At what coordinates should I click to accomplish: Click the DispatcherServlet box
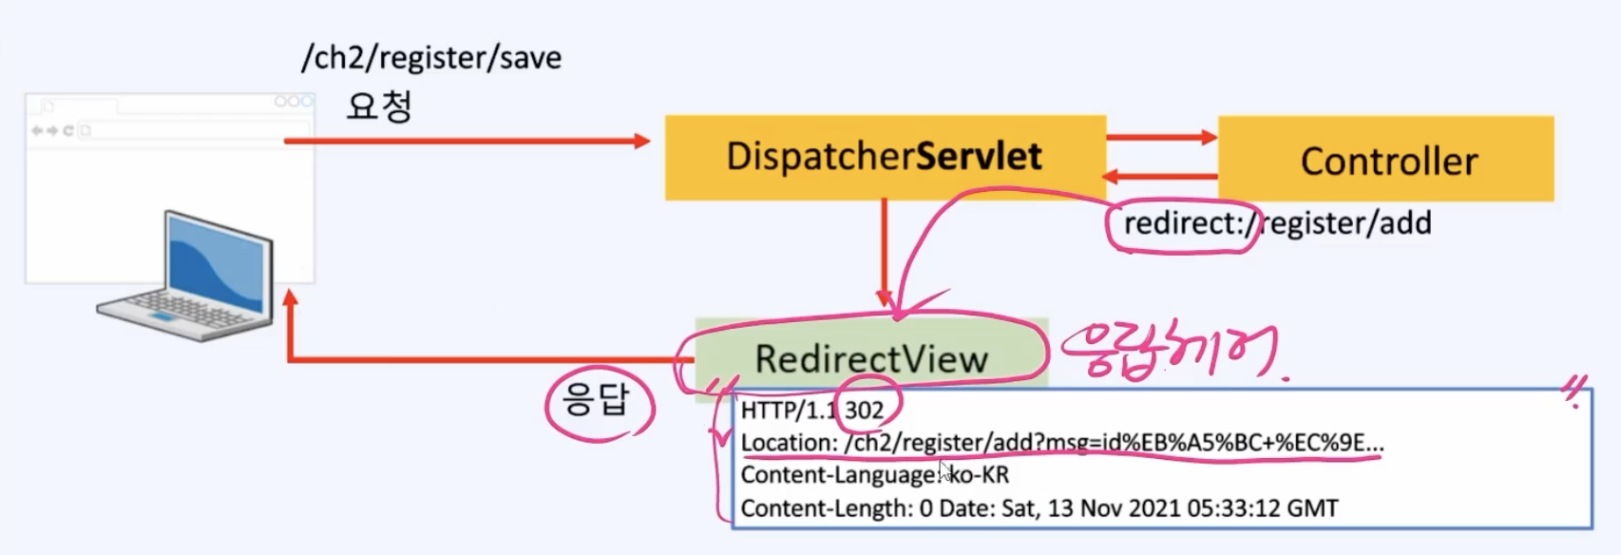885,157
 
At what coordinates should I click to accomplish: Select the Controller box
1386,160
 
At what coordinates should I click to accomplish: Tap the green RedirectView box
870,358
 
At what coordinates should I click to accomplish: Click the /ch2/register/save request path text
431,58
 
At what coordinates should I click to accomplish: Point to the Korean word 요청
379,105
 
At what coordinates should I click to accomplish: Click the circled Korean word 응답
597,400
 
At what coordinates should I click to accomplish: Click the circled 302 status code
865,411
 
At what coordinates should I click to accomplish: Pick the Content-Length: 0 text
836,508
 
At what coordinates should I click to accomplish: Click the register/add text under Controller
1347,224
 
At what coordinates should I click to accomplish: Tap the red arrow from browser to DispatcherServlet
466,141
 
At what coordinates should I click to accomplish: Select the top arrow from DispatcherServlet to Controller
1161,137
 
